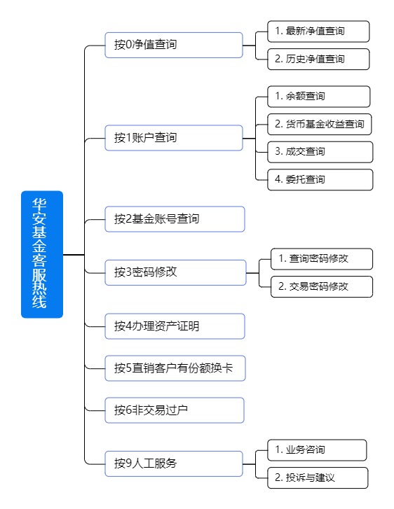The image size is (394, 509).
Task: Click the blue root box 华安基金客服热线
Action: [42, 254]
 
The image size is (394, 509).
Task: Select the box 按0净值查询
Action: [174, 45]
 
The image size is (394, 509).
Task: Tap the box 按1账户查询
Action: [174, 138]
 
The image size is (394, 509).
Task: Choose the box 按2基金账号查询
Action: [175, 219]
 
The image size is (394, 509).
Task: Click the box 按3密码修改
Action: [175, 272]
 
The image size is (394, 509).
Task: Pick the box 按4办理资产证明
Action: [175, 326]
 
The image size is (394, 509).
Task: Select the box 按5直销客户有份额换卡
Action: [175, 368]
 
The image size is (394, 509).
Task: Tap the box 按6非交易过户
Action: [175, 410]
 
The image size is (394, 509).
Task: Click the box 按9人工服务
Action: [174, 464]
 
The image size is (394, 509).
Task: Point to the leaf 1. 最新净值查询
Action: [318, 32]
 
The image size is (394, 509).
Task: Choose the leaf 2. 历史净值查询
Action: [318, 59]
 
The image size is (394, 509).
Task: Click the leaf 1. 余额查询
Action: [319, 97]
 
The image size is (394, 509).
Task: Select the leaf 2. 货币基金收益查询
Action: [320, 125]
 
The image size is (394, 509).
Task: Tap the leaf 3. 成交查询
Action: [320, 152]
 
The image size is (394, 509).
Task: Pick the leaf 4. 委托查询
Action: [320, 179]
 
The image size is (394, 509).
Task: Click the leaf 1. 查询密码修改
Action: [322, 259]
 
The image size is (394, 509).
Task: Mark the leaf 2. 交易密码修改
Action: [322, 286]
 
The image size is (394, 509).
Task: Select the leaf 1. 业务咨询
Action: [317, 450]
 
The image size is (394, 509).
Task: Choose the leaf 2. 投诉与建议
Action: [318, 477]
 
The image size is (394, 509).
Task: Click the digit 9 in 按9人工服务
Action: [129, 463]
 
